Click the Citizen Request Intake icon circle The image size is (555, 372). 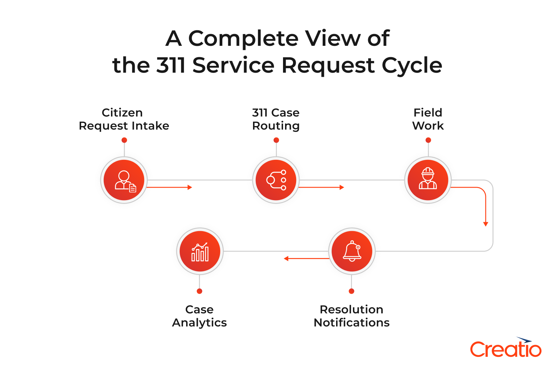124,180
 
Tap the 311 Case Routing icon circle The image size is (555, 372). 276,180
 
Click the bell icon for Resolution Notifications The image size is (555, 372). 352,251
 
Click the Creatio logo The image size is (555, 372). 506,348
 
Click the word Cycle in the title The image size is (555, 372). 412,65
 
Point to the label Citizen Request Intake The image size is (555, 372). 124,119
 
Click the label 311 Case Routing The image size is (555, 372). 276,119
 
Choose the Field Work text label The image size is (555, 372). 428,119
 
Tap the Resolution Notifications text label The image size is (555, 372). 352,316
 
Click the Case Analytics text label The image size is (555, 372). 200,316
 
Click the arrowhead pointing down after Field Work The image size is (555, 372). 485,224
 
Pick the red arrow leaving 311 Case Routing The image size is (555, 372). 321,187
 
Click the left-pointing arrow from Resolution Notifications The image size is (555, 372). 306,258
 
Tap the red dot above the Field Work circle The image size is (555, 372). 428,140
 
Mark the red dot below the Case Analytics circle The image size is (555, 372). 200,291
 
